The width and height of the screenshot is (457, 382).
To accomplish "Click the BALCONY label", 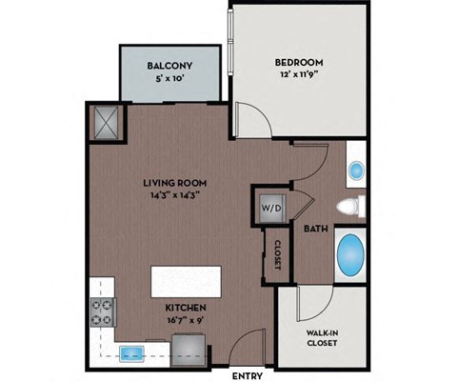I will point(172,66).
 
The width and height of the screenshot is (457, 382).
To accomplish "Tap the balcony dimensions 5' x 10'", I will point(172,80).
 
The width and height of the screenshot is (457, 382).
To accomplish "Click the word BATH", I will point(316,229).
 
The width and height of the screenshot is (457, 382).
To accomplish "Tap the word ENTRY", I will point(248,375).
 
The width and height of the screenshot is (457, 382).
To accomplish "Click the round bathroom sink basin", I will point(356,171).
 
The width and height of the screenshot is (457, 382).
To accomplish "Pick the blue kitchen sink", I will point(132,353).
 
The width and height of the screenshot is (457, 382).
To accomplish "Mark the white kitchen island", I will point(185,283).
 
